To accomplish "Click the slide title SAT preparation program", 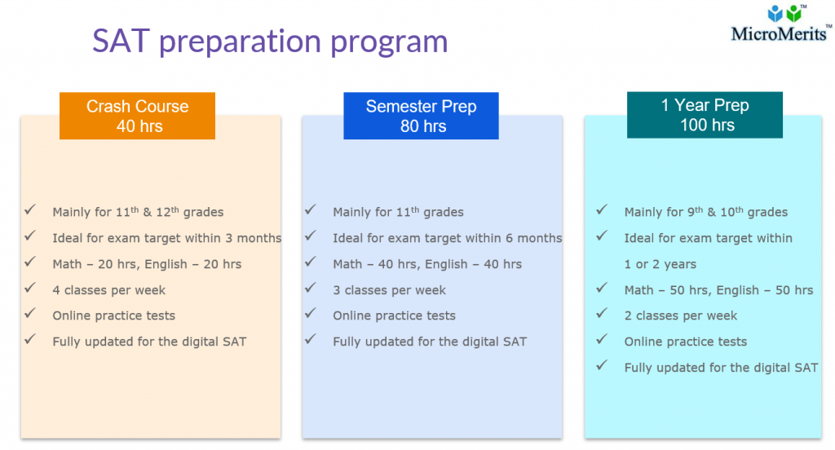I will click(x=270, y=41).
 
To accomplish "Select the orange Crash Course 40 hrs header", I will click(x=137, y=116).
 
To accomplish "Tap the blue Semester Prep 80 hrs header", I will click(x=421, y=116).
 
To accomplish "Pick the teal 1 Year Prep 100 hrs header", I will click(x=705, y=115).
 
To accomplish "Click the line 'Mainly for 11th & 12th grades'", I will click(x=138, y=212).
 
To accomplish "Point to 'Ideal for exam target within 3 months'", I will click(x=166, y=238).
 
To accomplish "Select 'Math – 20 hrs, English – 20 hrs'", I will click(x=147, y=264).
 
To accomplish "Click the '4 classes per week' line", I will click(x=109, y=290).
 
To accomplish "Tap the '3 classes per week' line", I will click(x=390, y=290).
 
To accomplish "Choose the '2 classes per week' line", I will click(x=681, y=315).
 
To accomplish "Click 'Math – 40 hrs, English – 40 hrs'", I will click(x=427, y=264).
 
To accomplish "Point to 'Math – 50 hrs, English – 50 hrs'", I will click(x=718, y=290).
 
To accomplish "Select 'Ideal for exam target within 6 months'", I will click(x=447, y=238).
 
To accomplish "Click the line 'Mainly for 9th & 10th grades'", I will click(x=706, y=212).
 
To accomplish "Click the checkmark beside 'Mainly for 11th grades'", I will click(x=311, y=210).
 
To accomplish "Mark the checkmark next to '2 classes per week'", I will click(x=602, y=314).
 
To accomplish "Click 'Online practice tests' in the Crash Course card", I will click(x=114, y=315).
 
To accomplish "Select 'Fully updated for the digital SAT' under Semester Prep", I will click(x=430, y=342).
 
